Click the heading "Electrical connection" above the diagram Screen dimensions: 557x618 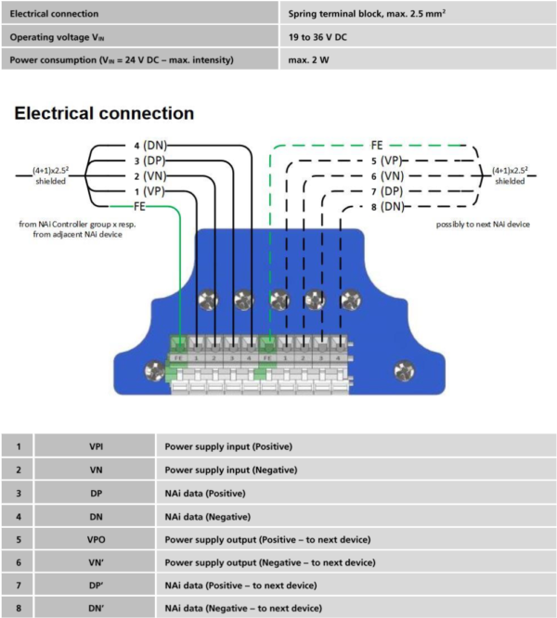[104, 113]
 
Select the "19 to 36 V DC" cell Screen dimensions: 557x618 [317, 37]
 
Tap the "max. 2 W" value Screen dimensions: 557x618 [308, 60]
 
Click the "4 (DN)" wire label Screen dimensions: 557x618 [150, 146]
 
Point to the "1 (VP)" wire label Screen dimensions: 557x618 [149, 191]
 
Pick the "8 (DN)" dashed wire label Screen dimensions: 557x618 [388, 207]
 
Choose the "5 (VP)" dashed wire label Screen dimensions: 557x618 [386, 161]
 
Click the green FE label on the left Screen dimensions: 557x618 [139, 207]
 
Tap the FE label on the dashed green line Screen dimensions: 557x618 [377, 146]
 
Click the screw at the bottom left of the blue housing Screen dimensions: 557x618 [154, 370]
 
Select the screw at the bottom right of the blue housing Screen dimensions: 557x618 [405, 371]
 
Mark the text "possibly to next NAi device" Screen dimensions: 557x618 [483, 225]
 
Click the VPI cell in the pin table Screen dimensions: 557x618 [97, 446]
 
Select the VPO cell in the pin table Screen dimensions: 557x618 [97, 539]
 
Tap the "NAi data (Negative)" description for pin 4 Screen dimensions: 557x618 [208, 517]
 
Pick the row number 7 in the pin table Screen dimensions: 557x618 [19, 586]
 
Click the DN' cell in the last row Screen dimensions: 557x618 [97, 609]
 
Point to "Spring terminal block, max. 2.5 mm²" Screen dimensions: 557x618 [367, 14]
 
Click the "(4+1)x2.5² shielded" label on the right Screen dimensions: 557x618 [510, 175]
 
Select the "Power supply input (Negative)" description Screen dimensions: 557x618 [231, 470]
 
